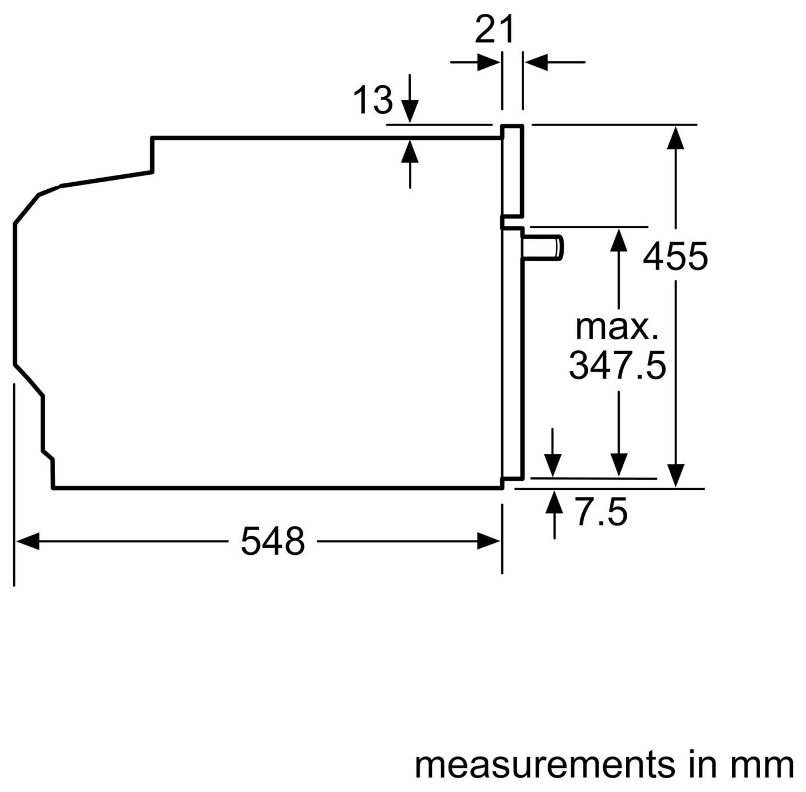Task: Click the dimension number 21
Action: [x=494, y=30]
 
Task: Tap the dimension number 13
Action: [x=373, y=100]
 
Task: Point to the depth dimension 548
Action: [x=273, y=541]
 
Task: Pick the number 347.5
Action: [x=618, y=365]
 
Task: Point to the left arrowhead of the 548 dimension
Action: [x=27, y=541]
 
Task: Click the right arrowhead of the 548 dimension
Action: [x=488, y=541]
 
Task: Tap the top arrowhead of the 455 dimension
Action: [x=675, y=138]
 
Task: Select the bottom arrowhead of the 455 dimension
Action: [x=675, y=476]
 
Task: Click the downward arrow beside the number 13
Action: [x=410, y=99]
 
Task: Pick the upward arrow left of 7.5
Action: [x=554, y=515]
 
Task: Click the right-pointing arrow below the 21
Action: [x=475, y=62]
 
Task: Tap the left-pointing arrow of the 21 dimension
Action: [x=555, y=62]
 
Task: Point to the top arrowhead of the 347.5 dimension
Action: [x=619, y=240]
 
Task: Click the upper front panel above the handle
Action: [x=512, y=171]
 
